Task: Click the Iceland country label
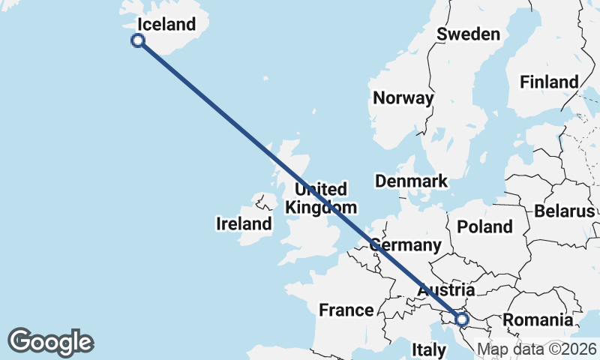point(166,25)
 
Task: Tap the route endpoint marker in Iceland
point(138,40)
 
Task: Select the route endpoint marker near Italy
point(461,319)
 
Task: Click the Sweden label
point(468,34)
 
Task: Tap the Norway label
point(403,97)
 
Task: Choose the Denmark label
point(411,181)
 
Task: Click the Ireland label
point(244,223)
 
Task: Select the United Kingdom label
point(321,198)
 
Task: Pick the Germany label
point(406,245)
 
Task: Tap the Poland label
point(484,226)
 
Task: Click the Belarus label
point(564,211)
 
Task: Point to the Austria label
point(446,290)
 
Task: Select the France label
point(346,310)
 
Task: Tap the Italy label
point(430,349)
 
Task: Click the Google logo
point(50,342)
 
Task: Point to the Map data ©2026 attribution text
point(537,349)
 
